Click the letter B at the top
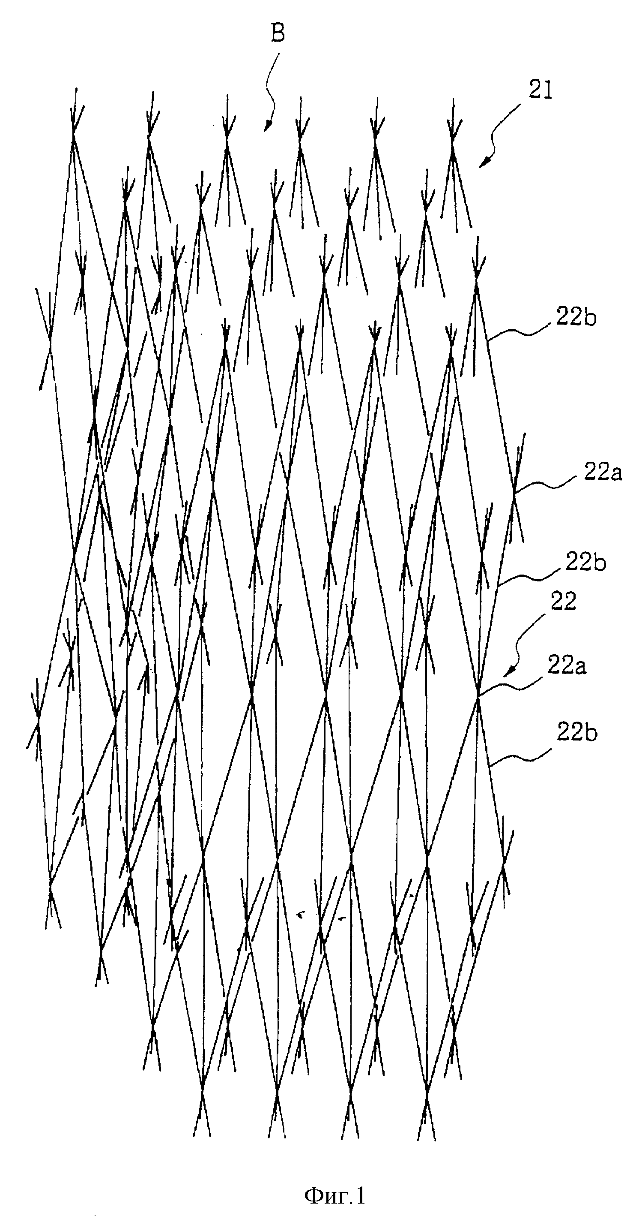click(x=278, y=33)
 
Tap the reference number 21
click(x=541, y=90)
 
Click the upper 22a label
click(x=603, y=473)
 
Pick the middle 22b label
click(x=586, y=563)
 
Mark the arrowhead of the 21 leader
click(x=483, y=163)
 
